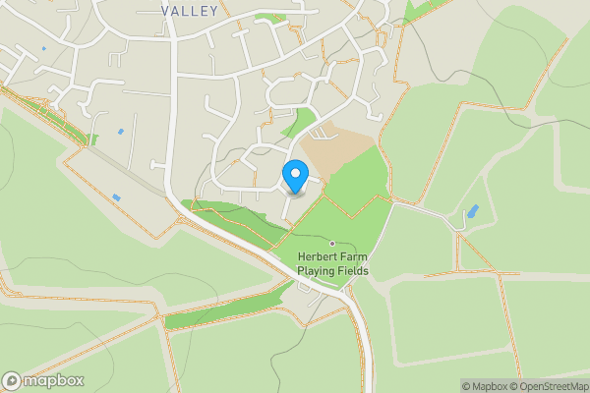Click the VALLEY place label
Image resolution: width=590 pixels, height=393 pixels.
pos(190,10)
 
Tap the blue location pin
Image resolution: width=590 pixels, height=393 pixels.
pos(294,177)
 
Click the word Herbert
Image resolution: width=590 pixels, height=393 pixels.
pos(319,257)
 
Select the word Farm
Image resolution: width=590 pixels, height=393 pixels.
pos(354,257)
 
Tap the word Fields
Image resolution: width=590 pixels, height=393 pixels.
pos(352,270)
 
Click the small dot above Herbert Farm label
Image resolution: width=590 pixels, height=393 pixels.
pos(332,244)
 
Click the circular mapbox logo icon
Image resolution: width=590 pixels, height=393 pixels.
pos(12,381)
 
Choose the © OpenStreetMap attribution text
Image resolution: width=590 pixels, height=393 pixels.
pos(547,386)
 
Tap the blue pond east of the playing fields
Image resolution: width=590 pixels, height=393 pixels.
pos(474,211)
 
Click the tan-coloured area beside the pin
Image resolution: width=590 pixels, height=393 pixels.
pos(339,152)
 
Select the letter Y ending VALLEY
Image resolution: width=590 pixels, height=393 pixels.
pos(213,10)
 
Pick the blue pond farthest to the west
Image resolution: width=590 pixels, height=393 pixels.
pos(43,47)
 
